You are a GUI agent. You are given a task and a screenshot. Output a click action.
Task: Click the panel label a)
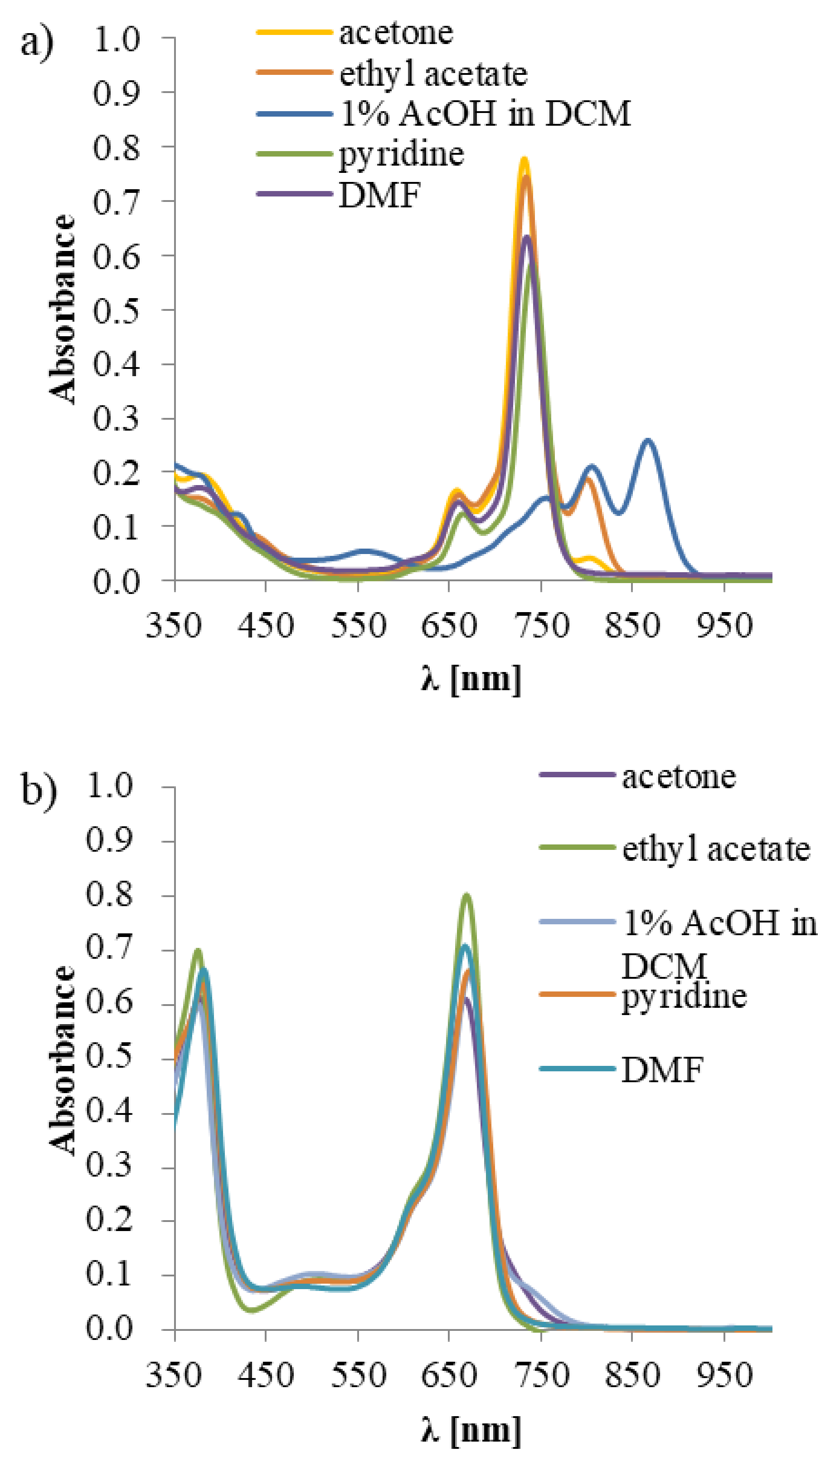pyautogui.click(x=36, y=43)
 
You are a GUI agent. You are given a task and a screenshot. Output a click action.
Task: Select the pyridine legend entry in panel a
pyautogui.click(x=401, y=155)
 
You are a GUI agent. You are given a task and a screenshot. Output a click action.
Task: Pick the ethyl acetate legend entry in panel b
pyautogui.click(x=716, y=849)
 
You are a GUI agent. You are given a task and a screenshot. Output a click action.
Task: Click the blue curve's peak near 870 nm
pyautogui.click(x=648, y=441)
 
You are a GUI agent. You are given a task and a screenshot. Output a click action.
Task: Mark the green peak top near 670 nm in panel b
pyautogui.click(x=467, y=896)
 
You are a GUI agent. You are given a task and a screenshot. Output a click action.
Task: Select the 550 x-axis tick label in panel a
pyautogui.click(x=358, y=626)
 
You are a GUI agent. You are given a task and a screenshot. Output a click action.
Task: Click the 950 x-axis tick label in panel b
pyautogui.click(x=723, y=1375)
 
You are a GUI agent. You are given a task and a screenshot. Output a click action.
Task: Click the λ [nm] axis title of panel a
pyautogui.click(x=470, y=679)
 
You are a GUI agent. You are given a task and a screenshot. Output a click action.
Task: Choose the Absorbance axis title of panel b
pyautogui.click(x=62, y=1060)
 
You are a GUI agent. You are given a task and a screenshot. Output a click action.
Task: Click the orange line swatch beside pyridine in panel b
pyautogui.click(x=577, y=994)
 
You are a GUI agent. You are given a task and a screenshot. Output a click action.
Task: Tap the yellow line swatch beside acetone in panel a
pyautogui.click(x=294, y=32)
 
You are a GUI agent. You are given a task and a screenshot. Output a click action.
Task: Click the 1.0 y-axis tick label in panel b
pyautogui.click(x=110, y=786)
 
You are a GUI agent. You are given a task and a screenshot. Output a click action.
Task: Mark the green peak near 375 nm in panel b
pyautogui.click(x=198, y=951)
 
